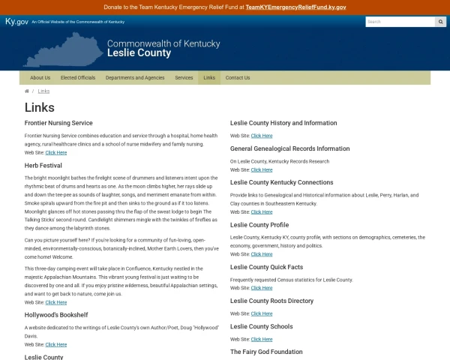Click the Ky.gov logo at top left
click(16, 22)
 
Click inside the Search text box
click(399, 22)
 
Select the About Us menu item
click(40, 78)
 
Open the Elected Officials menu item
click(78, 78)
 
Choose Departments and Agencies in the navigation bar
click(135, 78)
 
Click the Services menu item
click(184, 78)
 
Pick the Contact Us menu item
click(238, 78)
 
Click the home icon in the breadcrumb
click(27, 91)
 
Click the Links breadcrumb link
click(43, 91)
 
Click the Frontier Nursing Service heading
click(58, 122)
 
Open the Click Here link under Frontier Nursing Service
click(55, 152)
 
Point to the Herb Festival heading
click(43, 164)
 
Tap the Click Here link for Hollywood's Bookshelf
click(55, 344)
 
